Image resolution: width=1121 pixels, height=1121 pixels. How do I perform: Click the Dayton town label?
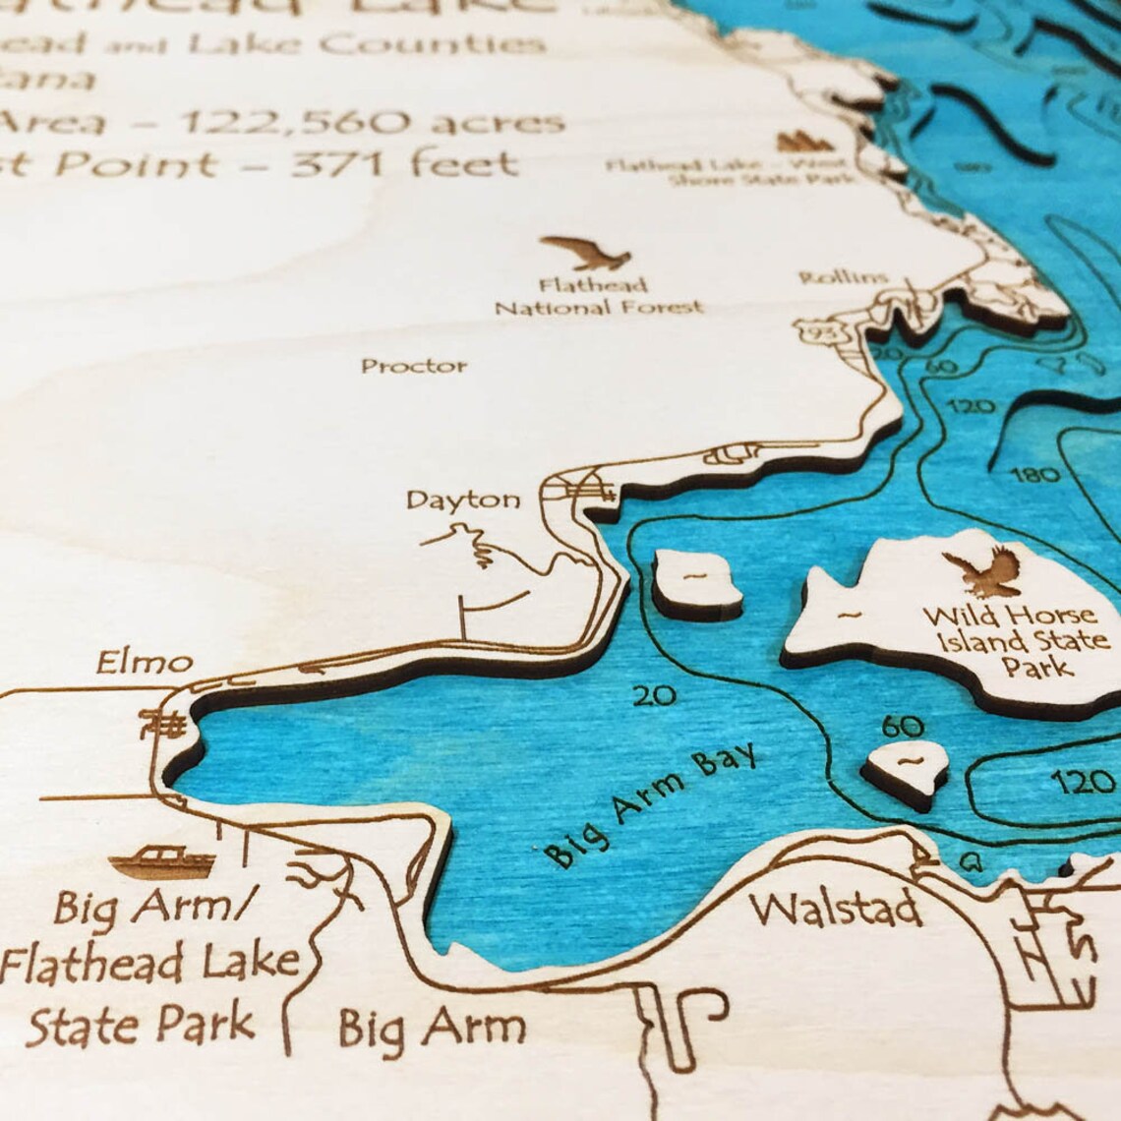point(463,500)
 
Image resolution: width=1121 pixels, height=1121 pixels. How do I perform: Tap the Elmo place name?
point(144,663)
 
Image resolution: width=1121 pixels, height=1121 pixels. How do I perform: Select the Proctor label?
point(414,366)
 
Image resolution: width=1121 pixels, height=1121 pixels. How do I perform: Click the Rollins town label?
point(844,278)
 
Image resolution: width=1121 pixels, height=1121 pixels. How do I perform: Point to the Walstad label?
point(837,909)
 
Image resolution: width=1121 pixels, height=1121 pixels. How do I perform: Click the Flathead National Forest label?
point(598,297)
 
